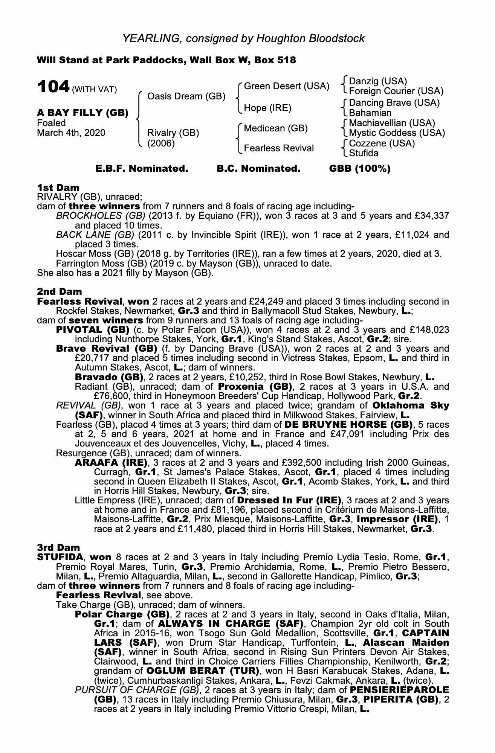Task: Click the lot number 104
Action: point(53,87)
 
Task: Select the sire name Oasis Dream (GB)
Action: point(186,96)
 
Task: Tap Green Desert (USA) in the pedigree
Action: point(287,86)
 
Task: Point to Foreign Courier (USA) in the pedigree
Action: point(396,91)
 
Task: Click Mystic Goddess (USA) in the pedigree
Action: point(397,133)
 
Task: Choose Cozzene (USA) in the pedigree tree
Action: point(382,143)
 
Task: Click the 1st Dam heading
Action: point(58,187)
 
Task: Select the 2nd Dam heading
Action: point(59,292)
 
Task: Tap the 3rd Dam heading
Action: point(59,547)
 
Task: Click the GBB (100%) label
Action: point(360,169)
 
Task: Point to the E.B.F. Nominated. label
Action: point(142,169)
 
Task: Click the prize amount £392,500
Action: point(257,462)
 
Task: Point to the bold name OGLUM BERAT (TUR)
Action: point(203,671)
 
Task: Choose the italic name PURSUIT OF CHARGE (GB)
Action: point(137,690)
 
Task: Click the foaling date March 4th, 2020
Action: point(71,133)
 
